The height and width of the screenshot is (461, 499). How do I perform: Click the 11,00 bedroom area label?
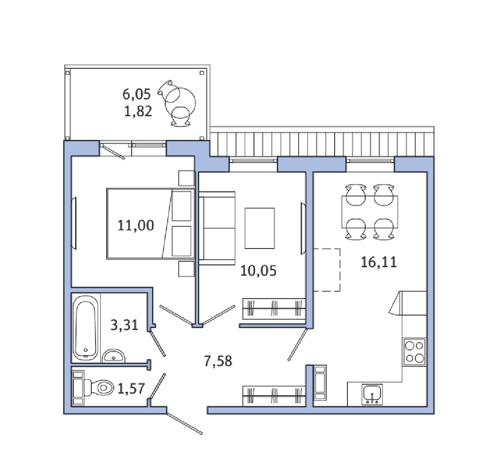(x=136, y=225)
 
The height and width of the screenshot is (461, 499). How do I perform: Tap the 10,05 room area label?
(x=258, y=271)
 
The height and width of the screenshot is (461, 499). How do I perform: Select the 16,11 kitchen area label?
(x=379, y=262)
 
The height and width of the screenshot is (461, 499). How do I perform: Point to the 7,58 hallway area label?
(x=218, y=361)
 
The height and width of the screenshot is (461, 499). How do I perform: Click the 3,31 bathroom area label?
(x=124, y=325)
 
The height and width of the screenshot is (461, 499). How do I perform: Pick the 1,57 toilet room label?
(x=131, y=388)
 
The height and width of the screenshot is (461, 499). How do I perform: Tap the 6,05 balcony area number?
(x=136, y=94)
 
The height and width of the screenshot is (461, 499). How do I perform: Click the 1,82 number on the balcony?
(x=138, y=111)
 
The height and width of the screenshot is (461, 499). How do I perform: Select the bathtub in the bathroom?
(x=85, y=327)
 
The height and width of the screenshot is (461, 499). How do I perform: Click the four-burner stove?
(x=414, y=352)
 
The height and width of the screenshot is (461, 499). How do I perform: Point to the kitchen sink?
(x=372, y=394)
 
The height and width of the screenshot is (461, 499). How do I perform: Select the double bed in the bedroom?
(x=150, y=224)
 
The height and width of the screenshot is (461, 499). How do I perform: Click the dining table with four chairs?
(x=370, y=212)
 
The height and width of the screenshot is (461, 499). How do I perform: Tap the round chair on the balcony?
(x=178, y=103)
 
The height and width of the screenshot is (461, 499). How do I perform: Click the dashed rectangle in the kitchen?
(x=327, y=270)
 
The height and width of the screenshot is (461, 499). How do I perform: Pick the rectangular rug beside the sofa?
(x=259, y=228)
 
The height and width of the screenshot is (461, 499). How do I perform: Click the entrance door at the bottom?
(x=185, y=424)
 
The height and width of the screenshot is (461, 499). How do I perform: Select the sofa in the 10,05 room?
(x=217, y=228)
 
